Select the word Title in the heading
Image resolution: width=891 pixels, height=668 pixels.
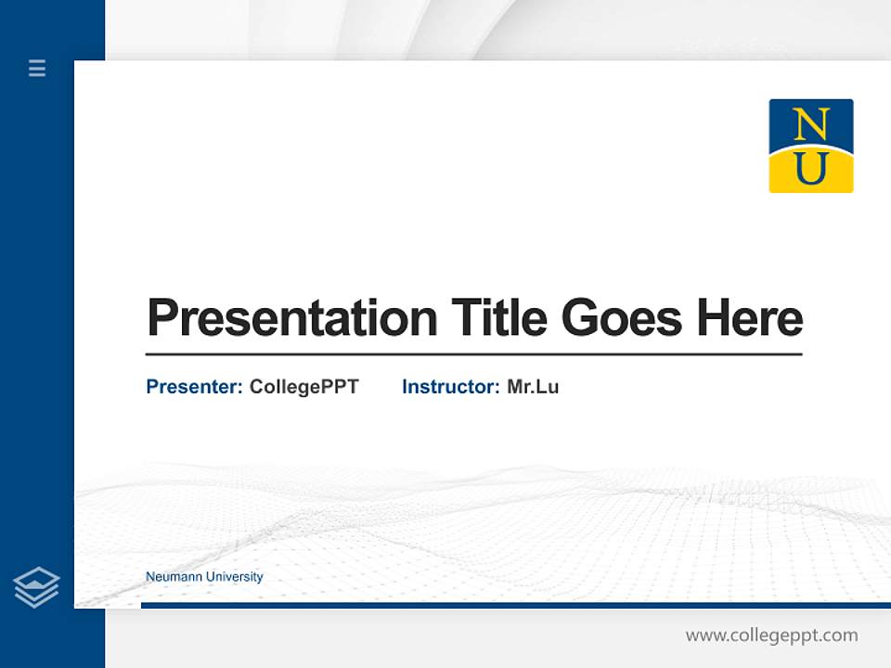tap(498, 318)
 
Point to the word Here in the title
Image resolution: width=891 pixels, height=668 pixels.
tap(750, 318)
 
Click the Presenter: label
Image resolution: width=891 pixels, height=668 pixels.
tap(194, 387)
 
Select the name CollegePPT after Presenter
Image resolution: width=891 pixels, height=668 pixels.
tap(303, 387)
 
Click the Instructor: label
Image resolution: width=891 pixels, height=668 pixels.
tap(450, 387)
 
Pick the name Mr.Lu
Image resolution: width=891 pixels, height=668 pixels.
tap(533, 387)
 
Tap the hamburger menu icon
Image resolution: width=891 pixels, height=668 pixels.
tap(37, 68)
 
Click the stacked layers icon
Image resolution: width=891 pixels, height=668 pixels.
tap(36, 587)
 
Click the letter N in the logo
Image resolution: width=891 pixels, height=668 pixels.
tap(810, 123)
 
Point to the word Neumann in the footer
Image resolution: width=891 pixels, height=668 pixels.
tap(174, 577)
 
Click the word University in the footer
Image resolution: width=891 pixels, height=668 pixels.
tap(234, 577)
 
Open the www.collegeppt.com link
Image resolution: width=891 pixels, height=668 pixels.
tap(771, 636)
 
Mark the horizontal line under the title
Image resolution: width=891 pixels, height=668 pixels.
tap(473, 354)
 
